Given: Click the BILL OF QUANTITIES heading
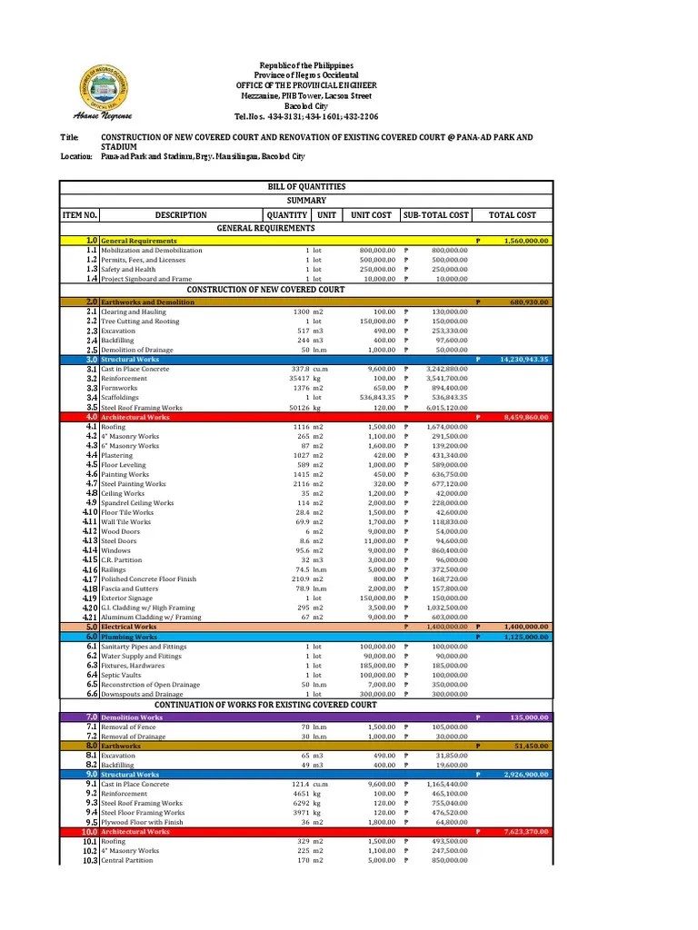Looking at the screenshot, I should point(306,186).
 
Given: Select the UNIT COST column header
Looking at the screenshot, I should point(371,215).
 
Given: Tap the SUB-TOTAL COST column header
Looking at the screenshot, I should point(435,215).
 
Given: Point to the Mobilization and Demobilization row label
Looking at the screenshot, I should point(145,250).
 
